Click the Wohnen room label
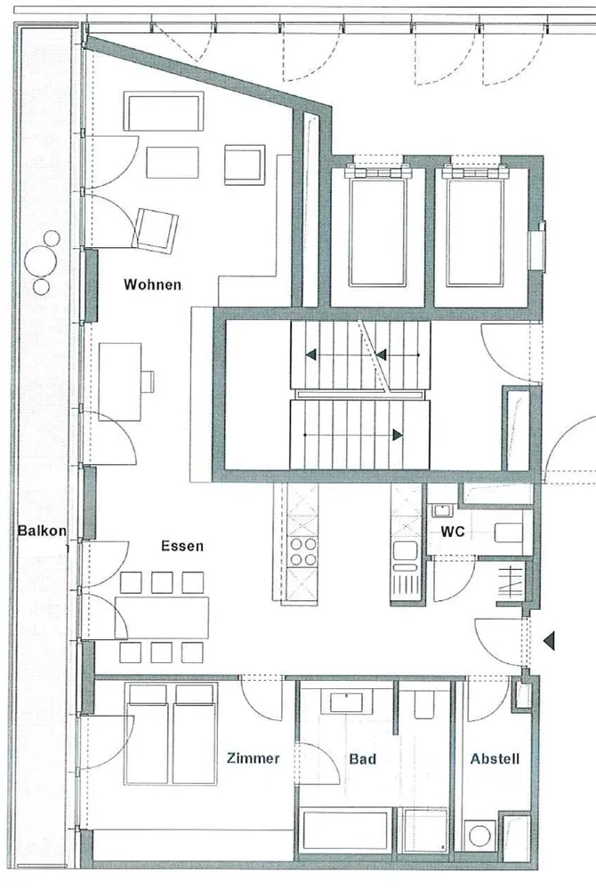click(x=152, y=284)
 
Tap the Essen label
click(x=182, y=546)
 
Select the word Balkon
click(x=42, y=532)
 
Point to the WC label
click(x=453, y=532)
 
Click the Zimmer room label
click(x=253, y=758)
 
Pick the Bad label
click(x=362, y=758)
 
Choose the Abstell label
click(x=495, y=758)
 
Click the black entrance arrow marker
click(x=548, y=641)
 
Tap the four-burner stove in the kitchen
click(x=302, y=552)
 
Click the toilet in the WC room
click(x=508, y=533)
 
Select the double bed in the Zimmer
click(x=171, y=733)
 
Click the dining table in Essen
click(x=162, y=618)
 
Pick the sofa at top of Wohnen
click(x=164, y=111)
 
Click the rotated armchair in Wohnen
click(x=155, y=230)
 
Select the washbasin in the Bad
click(x=347, y=701)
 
